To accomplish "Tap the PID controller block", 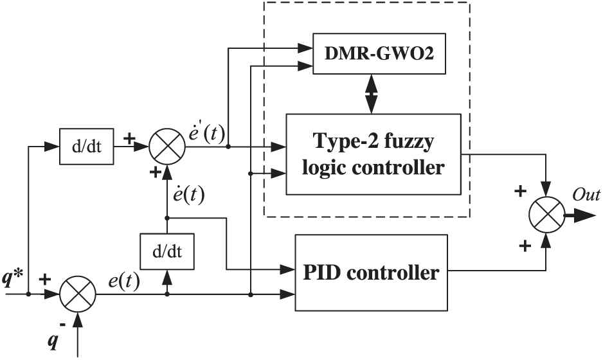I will (370, 273).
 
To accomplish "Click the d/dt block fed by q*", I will (84, 147).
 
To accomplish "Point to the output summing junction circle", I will (546, 214).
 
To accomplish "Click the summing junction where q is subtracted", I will (77, 296).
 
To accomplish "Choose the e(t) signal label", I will (121, 280).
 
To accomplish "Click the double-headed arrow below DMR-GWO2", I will (372, 94).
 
